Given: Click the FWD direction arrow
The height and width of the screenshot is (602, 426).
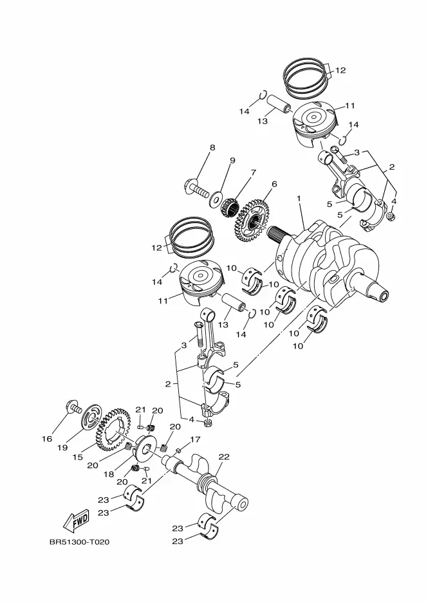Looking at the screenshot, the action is point(76,521).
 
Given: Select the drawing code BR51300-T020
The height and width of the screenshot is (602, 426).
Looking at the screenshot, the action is point(79,542).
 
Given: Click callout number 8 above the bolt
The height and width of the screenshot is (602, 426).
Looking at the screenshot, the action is point(212,147).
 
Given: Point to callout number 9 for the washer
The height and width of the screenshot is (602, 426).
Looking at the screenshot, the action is point(232,161).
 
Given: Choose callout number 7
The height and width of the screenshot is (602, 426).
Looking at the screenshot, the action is point(253,172).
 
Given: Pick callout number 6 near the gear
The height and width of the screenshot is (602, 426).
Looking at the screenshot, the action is point(274,185).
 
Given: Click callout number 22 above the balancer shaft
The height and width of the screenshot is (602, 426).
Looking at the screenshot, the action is point(224,457).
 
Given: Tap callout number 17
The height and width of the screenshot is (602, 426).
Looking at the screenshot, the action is point(195,439).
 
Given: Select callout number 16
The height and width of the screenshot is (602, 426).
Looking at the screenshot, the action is point(47,439).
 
